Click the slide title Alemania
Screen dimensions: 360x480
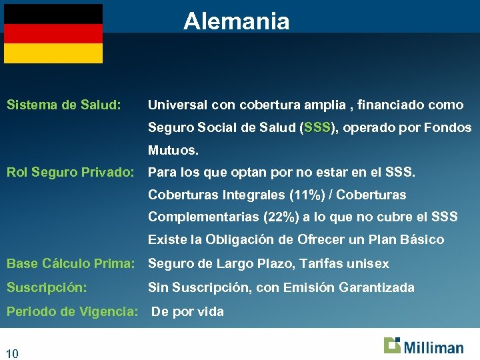click(237, 21)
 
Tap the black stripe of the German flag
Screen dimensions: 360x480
click(53, 14)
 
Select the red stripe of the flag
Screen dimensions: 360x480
click(53, 33)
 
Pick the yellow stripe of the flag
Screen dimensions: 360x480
click(53, 53)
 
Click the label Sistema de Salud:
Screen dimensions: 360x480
click(63, 105)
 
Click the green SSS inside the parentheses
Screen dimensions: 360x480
click(317, 127)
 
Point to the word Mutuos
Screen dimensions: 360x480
click(173, 150)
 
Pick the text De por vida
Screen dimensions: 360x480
click(188, 311)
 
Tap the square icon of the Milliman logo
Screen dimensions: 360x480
click(392, 345)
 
